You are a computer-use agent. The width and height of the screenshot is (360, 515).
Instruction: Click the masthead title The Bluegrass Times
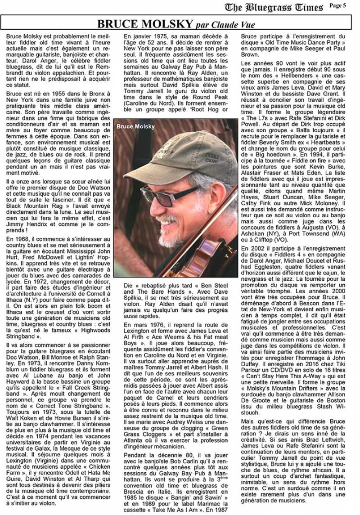point(274,7)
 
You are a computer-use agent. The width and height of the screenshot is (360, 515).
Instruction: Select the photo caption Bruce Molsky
point(135,126)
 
